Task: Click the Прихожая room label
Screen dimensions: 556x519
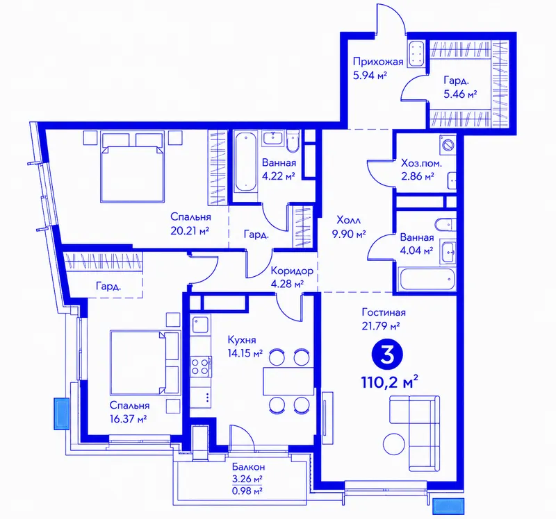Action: coord(378,62)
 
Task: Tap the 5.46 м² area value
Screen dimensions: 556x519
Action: coord(460,94)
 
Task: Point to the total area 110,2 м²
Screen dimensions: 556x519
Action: coord(389,382)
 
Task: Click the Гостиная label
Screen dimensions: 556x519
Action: coord(384,312)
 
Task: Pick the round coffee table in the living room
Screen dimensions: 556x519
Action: coord(394,443)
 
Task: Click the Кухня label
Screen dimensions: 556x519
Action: coord(241,340)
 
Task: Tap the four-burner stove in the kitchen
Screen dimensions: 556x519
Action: coord(200,367)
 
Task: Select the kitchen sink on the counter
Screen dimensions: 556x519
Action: coord(200,325)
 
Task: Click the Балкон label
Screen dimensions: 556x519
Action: coord(249,467)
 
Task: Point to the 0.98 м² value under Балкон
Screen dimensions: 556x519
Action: coord(247,491)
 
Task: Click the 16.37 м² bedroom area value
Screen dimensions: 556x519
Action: coord(129,419)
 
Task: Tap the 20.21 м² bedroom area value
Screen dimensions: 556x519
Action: coord(190,231)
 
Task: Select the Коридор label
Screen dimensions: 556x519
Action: coord(292,271)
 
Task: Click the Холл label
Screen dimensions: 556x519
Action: coord(349,220)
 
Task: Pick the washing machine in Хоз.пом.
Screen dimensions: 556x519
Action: coord(448,145)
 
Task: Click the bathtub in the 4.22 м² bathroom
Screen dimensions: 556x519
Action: coord(246,162)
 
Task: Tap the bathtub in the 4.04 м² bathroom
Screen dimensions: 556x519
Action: coord(426,280)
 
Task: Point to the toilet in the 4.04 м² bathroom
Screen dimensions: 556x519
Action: coord(445,224)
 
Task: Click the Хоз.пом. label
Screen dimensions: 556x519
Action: coord(422,163)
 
